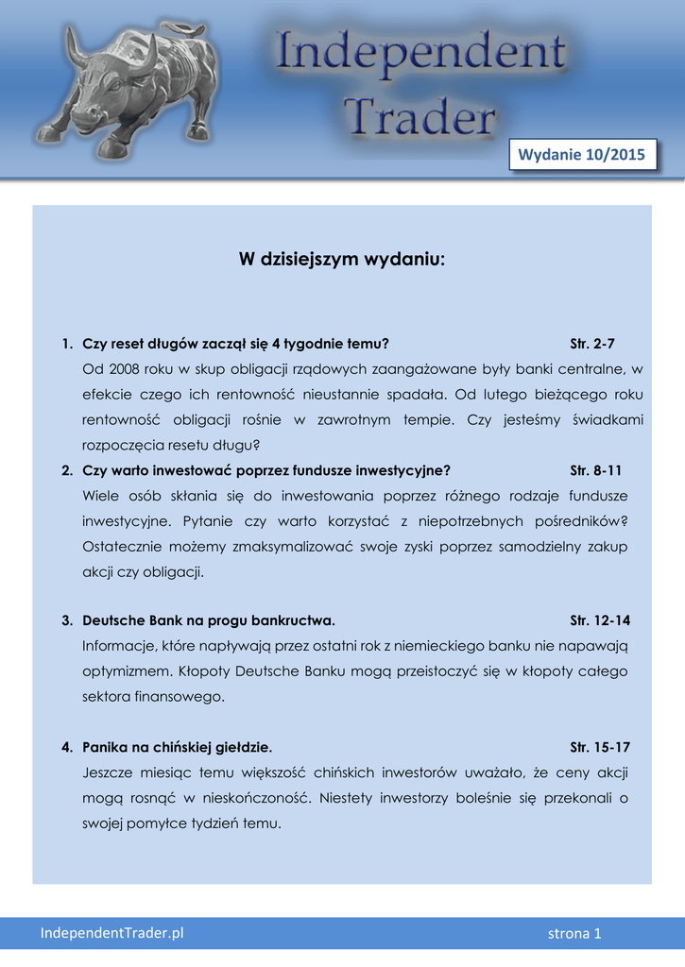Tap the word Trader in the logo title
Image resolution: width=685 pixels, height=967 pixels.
point(419,118)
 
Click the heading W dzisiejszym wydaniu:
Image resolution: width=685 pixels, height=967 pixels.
point(342,259)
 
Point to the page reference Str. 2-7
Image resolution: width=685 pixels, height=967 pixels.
point(592,344)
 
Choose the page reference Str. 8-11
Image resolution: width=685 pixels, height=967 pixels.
point(596,470)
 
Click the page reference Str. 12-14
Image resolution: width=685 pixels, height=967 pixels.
point(600,620)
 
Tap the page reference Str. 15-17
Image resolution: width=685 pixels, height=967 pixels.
point(600,747)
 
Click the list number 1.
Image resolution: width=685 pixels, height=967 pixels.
point(66,344)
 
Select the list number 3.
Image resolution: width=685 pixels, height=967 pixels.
point(66,620)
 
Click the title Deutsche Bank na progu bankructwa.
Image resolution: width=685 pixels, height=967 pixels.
point(209,620)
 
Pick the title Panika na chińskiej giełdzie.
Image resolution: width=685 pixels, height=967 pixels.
point(178,747)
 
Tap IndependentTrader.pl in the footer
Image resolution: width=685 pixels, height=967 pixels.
point(111,933)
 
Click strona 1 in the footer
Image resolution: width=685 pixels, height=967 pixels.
point(574,934)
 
